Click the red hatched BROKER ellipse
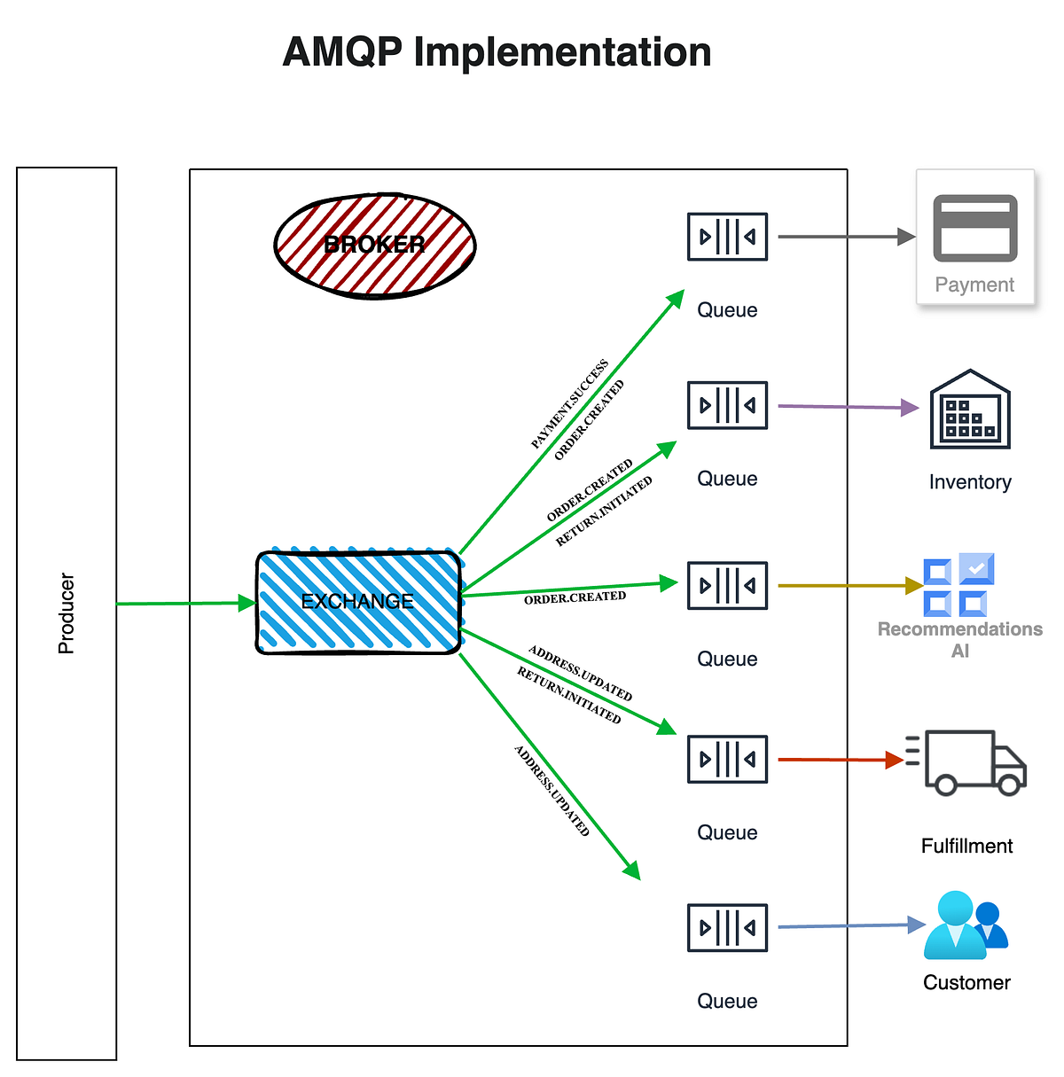(375, 246)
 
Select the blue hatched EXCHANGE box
(358, 602)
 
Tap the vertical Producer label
(66, 613)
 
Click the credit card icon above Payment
(974, 228)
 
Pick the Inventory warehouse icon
(970, 410)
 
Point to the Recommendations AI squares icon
(958, 585)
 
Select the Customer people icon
(966, 925)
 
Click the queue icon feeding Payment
(727, 237)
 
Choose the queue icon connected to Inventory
(727, 405)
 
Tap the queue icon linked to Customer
(727, 928)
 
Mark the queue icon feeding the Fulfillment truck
(727, 760)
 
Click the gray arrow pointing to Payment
(842, 237)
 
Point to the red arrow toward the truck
(838, 760)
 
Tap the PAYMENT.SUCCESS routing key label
(569, 404)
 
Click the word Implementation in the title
(562, 52)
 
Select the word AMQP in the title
(342, 52)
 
